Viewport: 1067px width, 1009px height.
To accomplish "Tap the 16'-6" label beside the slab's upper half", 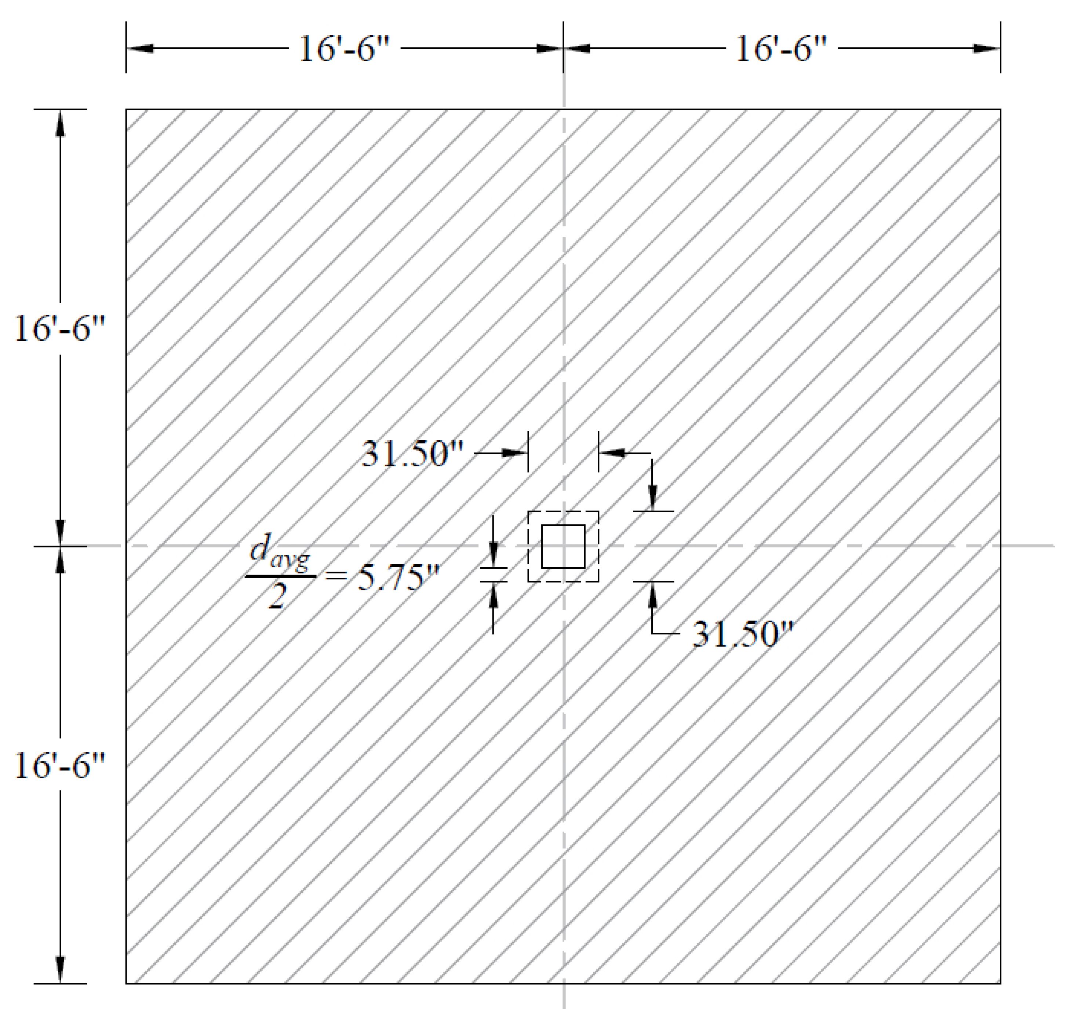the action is pyautogui.click(x=59, y=328).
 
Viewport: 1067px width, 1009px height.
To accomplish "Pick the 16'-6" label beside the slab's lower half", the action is pyautogui.click(x=59, y=765).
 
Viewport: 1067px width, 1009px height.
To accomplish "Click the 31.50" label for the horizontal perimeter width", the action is pyautogui.click(x=412, y=454).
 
